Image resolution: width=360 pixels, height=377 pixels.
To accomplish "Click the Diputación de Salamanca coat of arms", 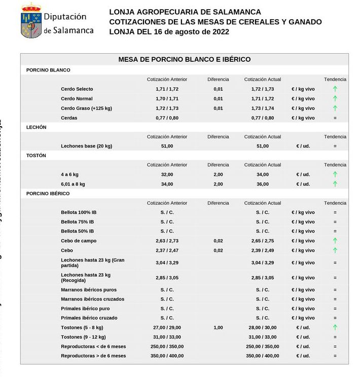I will coord(31,21).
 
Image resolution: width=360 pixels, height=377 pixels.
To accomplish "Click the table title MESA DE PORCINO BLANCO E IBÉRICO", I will coord(184,59).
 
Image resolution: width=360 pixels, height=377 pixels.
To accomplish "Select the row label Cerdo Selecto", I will coord(77,89).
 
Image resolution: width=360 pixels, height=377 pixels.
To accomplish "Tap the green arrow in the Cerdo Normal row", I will coord(335,99).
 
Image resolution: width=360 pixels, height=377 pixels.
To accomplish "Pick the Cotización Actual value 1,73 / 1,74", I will coord(262,108).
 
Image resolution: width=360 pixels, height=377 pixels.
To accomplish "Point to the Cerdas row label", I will coord(69,118).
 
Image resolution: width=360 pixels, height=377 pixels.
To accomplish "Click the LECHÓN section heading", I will coord(36,127).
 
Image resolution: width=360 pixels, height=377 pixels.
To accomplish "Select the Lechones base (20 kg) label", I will coord(86,146).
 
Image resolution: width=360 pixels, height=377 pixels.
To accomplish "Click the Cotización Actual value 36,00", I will coord(262,184).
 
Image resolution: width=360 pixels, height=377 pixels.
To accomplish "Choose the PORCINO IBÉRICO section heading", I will coord(48,194).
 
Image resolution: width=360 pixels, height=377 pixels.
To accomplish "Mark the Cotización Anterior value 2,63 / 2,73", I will coord(167,241).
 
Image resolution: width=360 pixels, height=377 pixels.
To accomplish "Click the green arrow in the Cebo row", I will coord(335,250).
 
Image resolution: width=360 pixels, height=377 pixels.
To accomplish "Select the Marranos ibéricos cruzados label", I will coord(92,299).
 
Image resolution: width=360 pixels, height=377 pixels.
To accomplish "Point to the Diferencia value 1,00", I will coord(218,328).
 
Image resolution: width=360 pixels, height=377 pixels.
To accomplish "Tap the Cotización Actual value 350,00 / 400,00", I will coord(262,356).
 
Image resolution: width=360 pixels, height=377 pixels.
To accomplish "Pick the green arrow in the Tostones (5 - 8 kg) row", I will coord(335,327).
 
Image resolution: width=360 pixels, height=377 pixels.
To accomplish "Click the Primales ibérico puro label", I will coord(85,309).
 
